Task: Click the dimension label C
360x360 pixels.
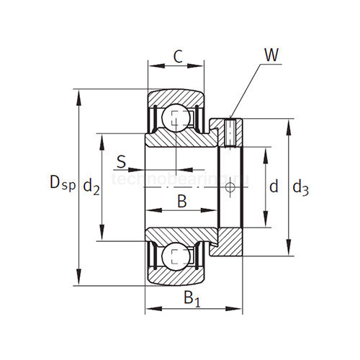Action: pyautogui.click(x=177, y=58)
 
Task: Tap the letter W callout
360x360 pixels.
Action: pyautogui.click(x=271, y=55)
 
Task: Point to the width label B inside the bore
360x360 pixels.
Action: pyautogui.click(x=182, y=202)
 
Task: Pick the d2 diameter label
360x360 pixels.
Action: pyautogui.click(x=91, y=188)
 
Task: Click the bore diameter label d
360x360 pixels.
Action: pyautogui.click(x=274, y=187)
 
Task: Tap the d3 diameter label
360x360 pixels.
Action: pyautogui.click(x=300, y=189)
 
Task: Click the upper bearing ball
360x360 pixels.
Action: pyautogui.click(x=175, y=116)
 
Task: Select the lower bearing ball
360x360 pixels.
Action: pyautogui.click(x=175, y=256)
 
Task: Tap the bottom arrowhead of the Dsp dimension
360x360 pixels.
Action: pyautogui.click(x=78, y=282)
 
